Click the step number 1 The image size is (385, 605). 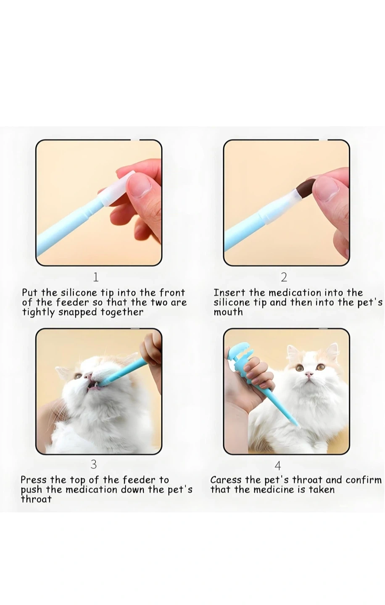96,277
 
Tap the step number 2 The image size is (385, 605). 284,277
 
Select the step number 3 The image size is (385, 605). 93,464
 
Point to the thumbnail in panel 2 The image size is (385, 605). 329,189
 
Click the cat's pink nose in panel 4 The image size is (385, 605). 309,374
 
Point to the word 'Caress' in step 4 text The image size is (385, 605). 226,480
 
